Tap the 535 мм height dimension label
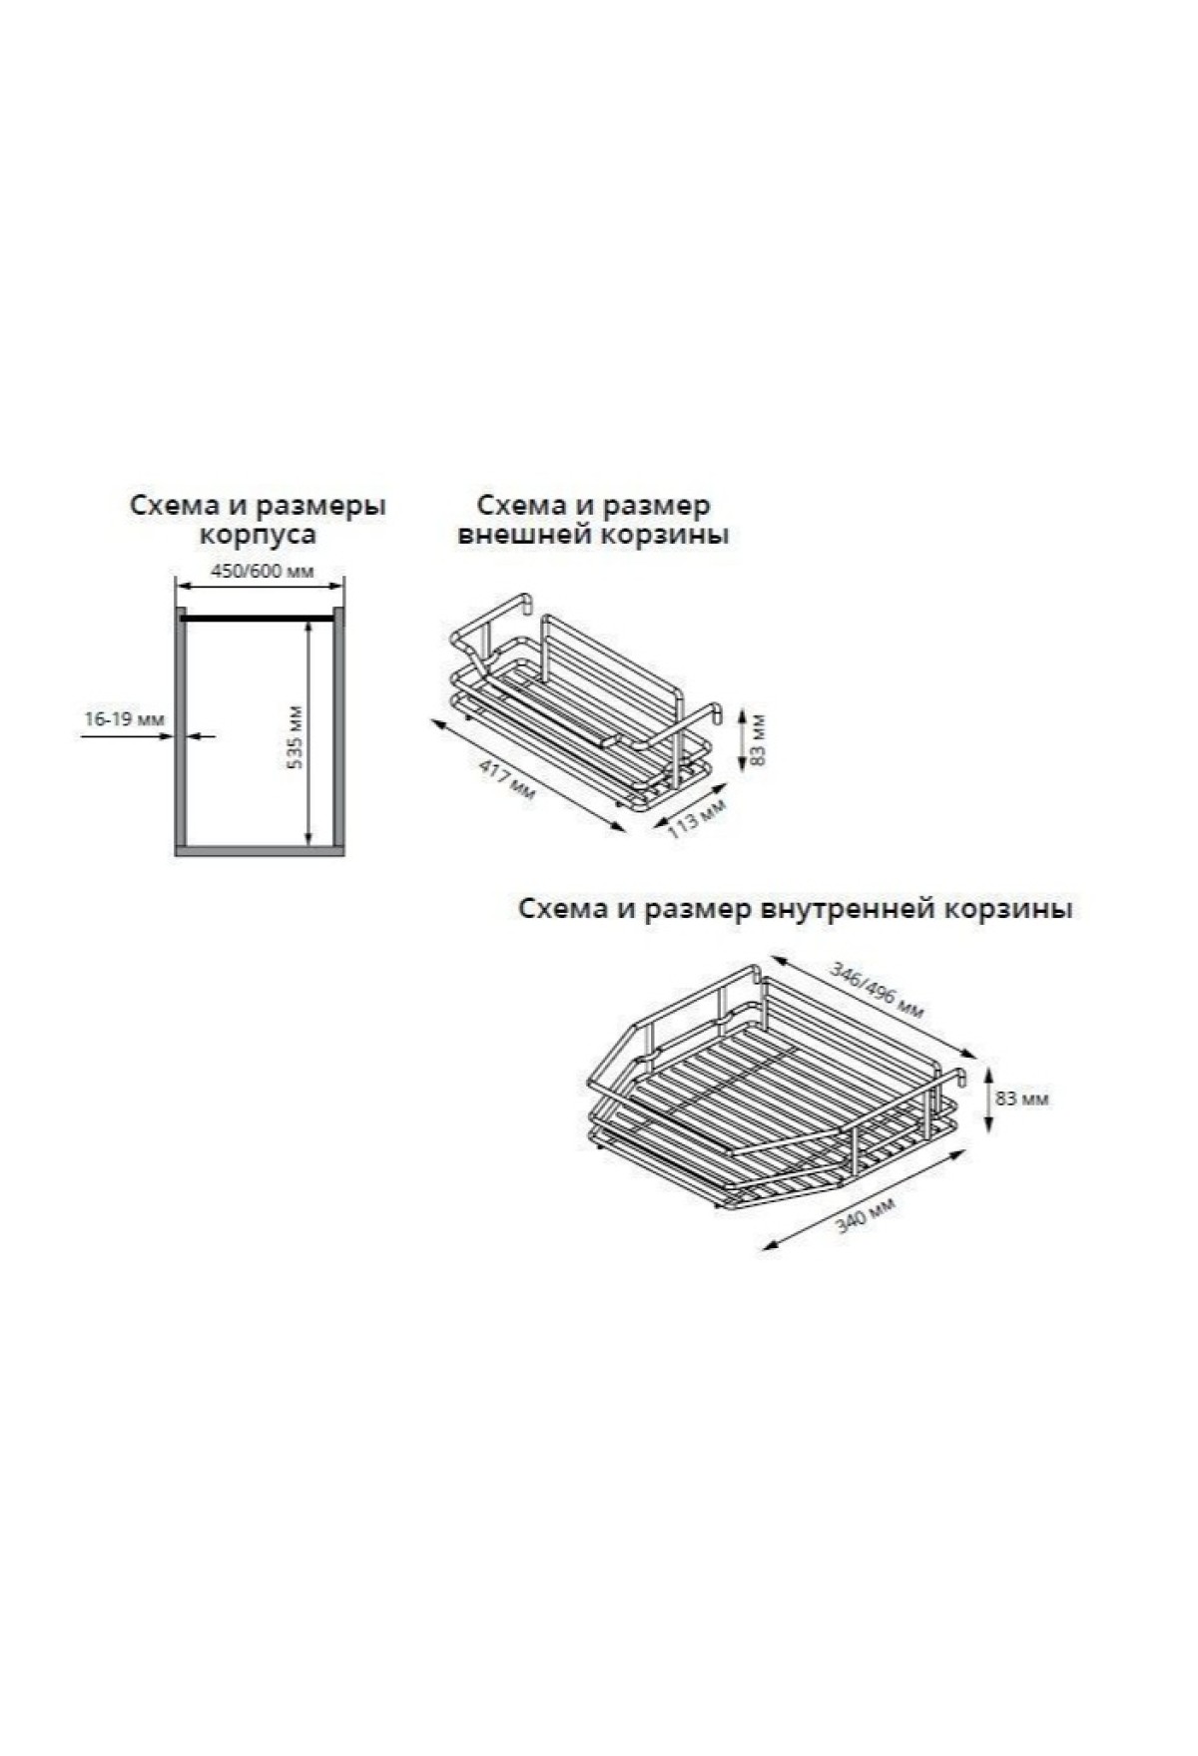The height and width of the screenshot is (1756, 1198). [x=295, y=737]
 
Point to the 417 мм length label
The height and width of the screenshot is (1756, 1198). [x=507, y=779]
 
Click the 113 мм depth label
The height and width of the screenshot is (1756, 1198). [x=696, y=818]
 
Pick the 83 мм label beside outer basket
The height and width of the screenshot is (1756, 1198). [x=759, y=739]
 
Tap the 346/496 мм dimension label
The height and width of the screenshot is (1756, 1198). [x=878, y=990]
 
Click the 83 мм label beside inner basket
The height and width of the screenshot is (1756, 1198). [x=1021, y=1099]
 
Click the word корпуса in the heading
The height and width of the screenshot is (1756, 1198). [x=259, y=535]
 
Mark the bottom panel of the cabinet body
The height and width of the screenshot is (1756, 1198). [x=260, y=850]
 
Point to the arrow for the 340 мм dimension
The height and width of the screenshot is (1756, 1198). [x=864, y=1196]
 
